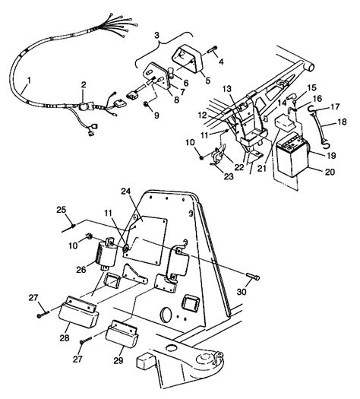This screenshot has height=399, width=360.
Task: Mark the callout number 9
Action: [x=157, y=116]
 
